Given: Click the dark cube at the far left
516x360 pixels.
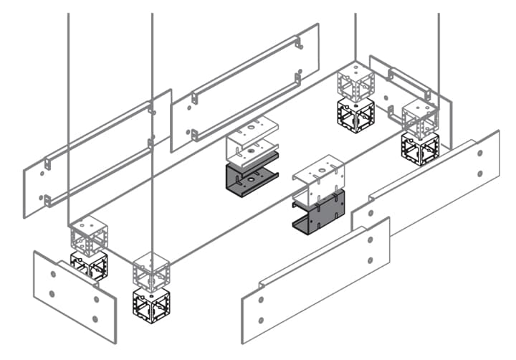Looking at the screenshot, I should pos(89,265).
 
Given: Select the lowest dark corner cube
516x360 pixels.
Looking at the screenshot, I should pos(150,305).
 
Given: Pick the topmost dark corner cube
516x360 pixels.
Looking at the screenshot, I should pos(355,114).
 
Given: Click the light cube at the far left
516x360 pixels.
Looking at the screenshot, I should pos(89,234).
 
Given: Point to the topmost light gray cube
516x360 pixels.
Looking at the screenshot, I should pos(356,82).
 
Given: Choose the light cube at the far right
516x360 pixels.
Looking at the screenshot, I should pos(420,117).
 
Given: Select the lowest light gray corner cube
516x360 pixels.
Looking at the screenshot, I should pos(150,272).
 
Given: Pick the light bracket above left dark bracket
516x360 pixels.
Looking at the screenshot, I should pos(251,136).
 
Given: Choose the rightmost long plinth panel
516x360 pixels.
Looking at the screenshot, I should pos(430,183).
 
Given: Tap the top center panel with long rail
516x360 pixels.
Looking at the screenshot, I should pos(247,86).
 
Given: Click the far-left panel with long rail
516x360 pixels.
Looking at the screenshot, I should pos(97,154).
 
